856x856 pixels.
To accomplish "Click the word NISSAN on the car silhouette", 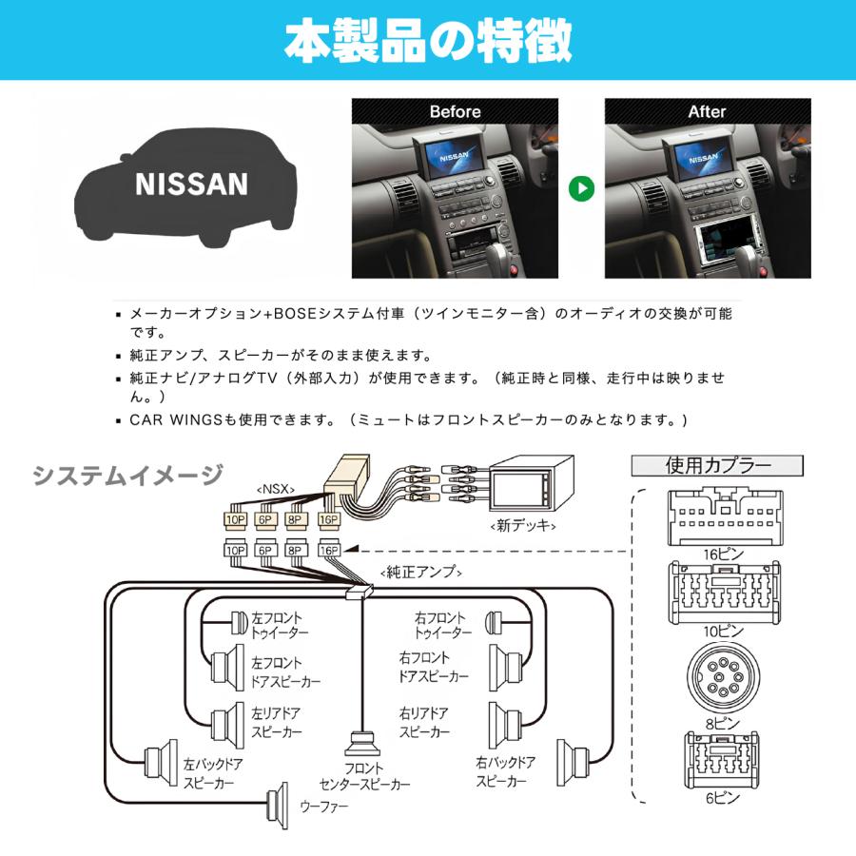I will click(191, 184).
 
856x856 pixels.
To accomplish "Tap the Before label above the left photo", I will click(456, 111).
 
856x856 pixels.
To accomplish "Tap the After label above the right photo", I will click(707, 111).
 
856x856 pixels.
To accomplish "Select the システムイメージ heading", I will click(128, 474).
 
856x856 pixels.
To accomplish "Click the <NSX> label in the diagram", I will click(276, 489).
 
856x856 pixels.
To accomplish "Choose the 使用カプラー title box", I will click(718, 465).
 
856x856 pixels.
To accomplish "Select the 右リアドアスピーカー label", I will click(424, 723).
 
